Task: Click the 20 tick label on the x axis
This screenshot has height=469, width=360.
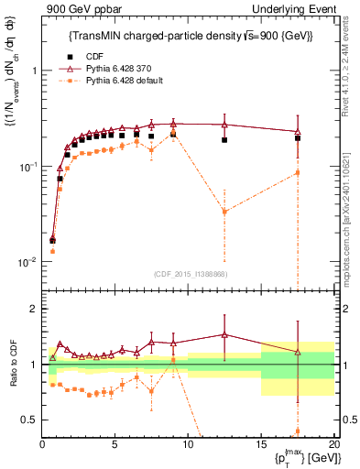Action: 333,444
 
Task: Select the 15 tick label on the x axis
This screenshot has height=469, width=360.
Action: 261,444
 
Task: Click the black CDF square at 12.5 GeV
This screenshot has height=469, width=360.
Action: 224,140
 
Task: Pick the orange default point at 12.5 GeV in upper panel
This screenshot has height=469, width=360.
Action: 224,212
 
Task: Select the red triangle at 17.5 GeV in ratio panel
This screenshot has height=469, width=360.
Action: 297,353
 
